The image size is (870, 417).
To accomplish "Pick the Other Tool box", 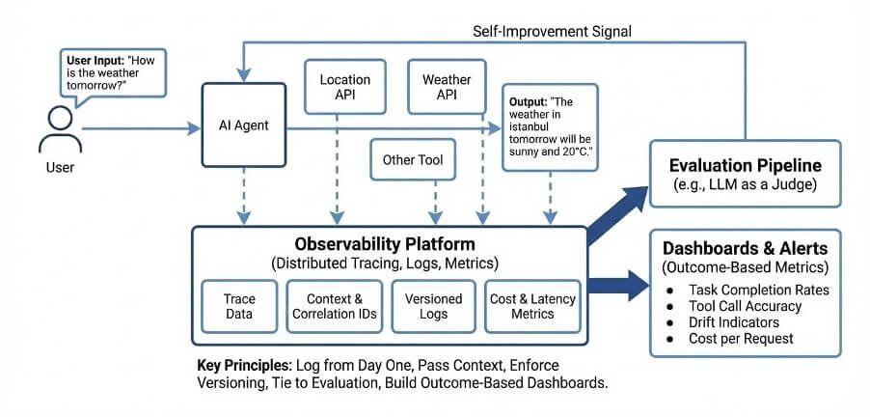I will click(x=413, y=160).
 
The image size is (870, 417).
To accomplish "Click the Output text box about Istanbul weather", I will click(x=551, y=126).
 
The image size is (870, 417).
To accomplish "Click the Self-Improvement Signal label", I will click(x=552, y=31).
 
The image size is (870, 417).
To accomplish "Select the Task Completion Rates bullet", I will click(x=757, y=290).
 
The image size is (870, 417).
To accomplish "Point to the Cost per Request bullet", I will click(x=742, y=339).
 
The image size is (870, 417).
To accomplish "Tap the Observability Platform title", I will click(x=390, y=245).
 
